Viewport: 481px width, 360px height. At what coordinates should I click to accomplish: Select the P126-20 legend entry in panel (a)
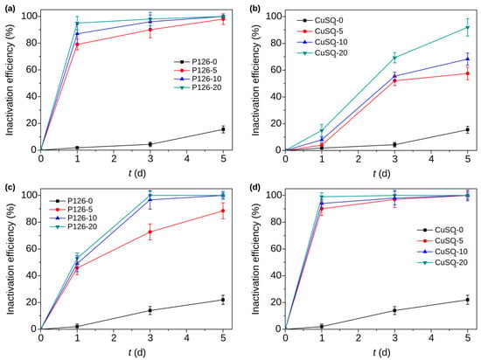(198, 87)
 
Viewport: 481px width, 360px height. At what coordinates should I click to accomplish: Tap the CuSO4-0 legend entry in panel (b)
(320, 20)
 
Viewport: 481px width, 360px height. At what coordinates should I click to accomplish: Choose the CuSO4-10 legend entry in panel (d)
(442, 252)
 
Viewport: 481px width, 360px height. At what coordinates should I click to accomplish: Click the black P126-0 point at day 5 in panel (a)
(223, 129)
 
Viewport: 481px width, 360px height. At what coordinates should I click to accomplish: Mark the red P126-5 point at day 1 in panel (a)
(77, 44)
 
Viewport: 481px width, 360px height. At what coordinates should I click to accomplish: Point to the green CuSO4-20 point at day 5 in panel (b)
(468, 28)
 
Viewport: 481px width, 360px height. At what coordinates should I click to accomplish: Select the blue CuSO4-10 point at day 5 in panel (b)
(468, 59)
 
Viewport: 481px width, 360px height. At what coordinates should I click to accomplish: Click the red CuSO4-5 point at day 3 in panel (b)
(394, 81)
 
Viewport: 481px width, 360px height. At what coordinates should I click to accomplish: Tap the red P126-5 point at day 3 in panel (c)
(150, 232)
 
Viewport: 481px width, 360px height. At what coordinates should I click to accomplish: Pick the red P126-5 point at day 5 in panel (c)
(223, 211)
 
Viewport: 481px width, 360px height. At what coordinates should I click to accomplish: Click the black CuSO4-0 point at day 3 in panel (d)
(394, 310)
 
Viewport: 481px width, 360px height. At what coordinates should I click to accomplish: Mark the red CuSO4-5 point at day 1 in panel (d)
(322, 209)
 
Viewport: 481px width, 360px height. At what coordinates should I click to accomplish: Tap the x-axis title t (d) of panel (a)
(136, 173)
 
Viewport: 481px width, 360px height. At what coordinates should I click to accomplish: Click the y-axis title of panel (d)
(255, 258)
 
